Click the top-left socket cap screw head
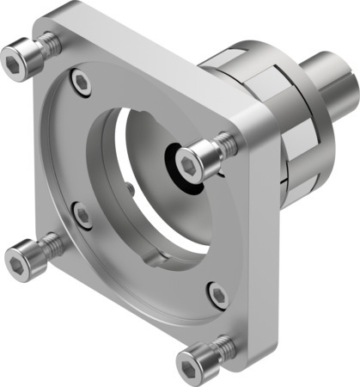(21, 58)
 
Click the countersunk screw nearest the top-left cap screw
(81, 83)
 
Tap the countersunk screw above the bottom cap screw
(217, 296)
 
